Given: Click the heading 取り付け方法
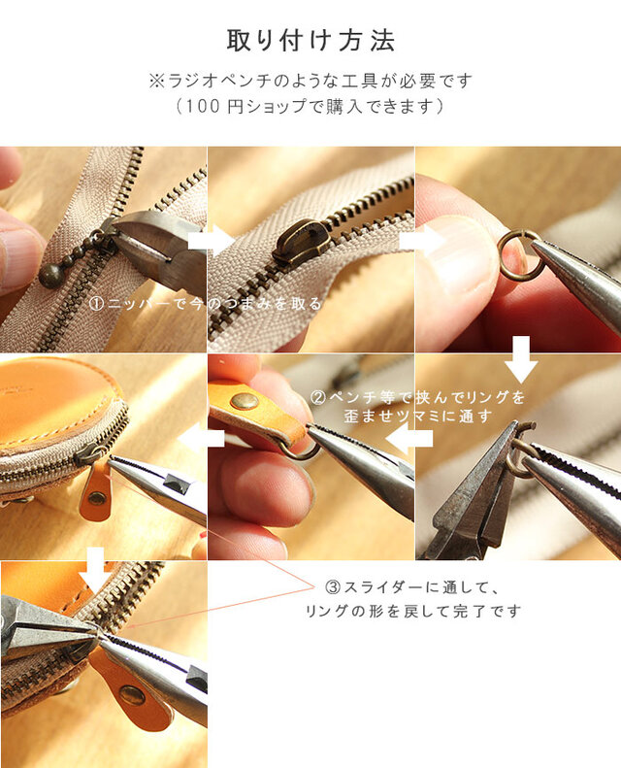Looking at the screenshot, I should [310, 41].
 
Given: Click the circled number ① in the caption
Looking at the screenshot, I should [96, 304].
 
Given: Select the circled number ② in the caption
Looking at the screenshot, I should [317, 397].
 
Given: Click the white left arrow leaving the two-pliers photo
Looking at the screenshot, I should [409, 438].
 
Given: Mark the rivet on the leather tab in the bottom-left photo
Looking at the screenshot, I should [131, 695].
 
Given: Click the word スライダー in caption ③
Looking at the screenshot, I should [386, 586].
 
